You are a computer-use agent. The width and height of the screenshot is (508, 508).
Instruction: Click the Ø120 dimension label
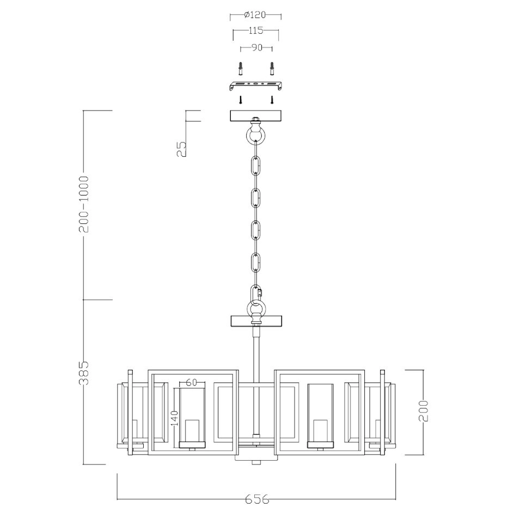(x=255, y=15)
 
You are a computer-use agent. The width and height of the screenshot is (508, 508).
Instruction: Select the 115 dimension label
(x=256, y=30)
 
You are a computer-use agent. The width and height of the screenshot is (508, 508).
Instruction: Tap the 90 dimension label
(x=256, y=47)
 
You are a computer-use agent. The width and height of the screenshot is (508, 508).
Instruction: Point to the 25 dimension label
(x=182, y=149)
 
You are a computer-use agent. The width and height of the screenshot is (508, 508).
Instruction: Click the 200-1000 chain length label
(x=84, y=204)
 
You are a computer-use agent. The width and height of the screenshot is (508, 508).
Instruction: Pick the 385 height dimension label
(x=84, y=372)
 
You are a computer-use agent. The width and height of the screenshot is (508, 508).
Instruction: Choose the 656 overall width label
(x=257, y=499)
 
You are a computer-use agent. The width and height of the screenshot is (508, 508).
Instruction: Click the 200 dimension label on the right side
(x=423, y=411)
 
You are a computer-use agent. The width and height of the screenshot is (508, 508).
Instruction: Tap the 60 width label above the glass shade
(x=192, y=382)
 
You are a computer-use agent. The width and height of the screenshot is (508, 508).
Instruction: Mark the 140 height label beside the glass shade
(x=175, y=418)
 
